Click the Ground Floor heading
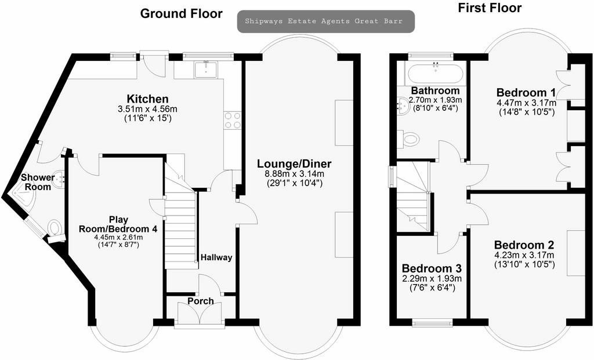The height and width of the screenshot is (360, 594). point(181,14)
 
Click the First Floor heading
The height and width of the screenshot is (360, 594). point(490,8)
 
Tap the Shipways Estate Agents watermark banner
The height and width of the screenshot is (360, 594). point(326,21)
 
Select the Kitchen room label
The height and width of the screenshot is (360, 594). point(147,99)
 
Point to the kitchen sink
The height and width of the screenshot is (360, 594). point(206,69)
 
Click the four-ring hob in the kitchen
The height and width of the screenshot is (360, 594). point(233,119)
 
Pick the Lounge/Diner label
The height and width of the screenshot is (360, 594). point(294,164)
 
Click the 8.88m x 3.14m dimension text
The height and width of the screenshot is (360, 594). point(294,174)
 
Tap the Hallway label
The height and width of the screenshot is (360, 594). point(216,257)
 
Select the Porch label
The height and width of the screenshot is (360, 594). point(201,301)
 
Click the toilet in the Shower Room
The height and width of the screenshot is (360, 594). point(55,228)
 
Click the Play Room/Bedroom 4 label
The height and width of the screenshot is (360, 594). point(118,224)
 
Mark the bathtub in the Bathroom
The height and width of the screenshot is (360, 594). point(434,74)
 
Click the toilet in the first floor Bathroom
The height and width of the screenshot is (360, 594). point(409,139)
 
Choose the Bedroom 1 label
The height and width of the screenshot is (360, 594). point(526,92)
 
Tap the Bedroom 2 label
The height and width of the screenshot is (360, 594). point(524,245)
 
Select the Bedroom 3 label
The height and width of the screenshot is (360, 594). point(432,268)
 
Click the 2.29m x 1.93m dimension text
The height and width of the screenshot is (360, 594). point(432,279)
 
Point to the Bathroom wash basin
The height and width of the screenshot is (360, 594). point(403,104)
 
